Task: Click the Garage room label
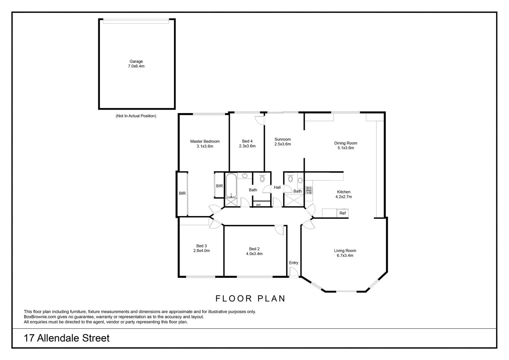(x=136, y=61)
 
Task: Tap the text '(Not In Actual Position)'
(x=136, y=116)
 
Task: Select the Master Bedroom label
(x=205, y=141)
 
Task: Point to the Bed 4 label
(x=247, y=141)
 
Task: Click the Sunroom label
(x=282, y=139)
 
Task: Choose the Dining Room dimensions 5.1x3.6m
(x=346, y=148)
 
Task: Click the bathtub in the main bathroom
(x=231, y=185)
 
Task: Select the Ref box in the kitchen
(x=342, y=213)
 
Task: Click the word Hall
(x=277, y=187)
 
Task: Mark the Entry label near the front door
(x=293, y=263)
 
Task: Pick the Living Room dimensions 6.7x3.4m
(x=345, y=256)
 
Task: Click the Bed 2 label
(x=254, y=249)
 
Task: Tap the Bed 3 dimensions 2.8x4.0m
(x=202, y=251)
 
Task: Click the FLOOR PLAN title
(x=251, y=298)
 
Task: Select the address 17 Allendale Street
(x=67, y=338)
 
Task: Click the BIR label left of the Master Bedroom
(x=182, y=193)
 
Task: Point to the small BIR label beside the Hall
(x=258, y=205)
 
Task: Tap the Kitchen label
(x=343, y=192)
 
